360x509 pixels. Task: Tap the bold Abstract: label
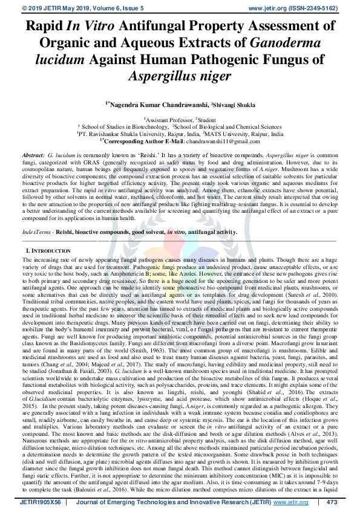(x=32, y=155)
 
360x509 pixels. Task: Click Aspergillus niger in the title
(x=180, y=77)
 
